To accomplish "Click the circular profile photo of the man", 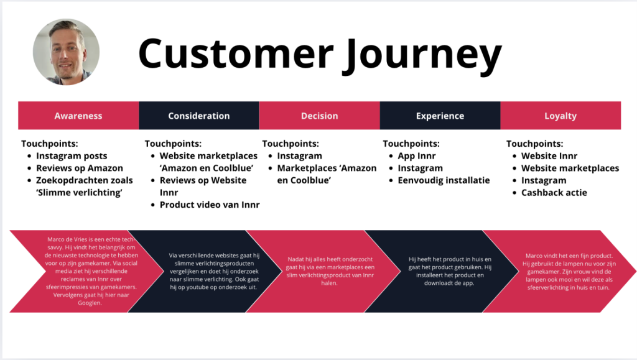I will pos(66,52).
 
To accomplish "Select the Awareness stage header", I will pos(78,116).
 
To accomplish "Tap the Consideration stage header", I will pos(199,116).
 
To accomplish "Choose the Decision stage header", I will pos(319,116).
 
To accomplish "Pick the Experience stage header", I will pos(440,116).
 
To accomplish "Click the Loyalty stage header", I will pos(560,116).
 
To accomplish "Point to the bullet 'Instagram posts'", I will pos(72,156).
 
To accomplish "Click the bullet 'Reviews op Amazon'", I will pos(80,168).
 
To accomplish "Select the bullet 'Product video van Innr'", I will pos(210,205).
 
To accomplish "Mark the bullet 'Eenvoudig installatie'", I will pos(444,180).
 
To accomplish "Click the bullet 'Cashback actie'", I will pos(554,193).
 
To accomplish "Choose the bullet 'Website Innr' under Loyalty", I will pos(549,156).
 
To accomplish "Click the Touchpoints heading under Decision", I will pos(291,144).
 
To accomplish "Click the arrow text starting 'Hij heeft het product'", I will pos(441,271).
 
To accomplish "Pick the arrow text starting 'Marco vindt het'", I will pos(559,271).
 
